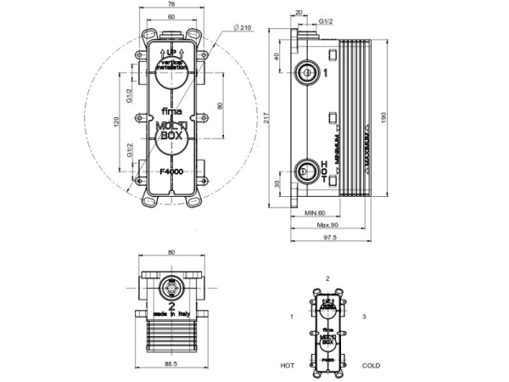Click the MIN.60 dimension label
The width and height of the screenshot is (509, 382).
pyautogui.click(x=316, y=214)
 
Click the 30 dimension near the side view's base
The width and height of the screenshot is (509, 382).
pyautogui.click(x=277, y=182)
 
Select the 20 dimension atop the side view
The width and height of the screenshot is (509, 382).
pyautogui.click(x=298, y=13)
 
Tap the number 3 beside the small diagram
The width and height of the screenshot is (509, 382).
pyautogui.click(x=363, y=317)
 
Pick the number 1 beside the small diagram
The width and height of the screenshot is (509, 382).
pyautogui.click(x=291, y=317)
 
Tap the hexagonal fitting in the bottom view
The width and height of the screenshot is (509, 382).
pyautogui.click(x=171, y=286)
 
